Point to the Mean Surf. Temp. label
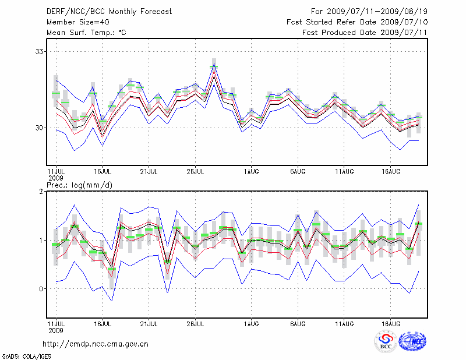click(86, 32)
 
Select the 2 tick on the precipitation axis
click(41, 192)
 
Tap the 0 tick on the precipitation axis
click(41, 289)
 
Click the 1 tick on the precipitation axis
click(41, 240)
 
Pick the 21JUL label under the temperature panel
click(149, 171)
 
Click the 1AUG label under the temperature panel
click(252, 171)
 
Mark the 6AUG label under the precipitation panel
click(298, 323)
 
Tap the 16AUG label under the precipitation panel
click(391, 323)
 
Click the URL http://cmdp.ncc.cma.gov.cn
click(96, 344)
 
